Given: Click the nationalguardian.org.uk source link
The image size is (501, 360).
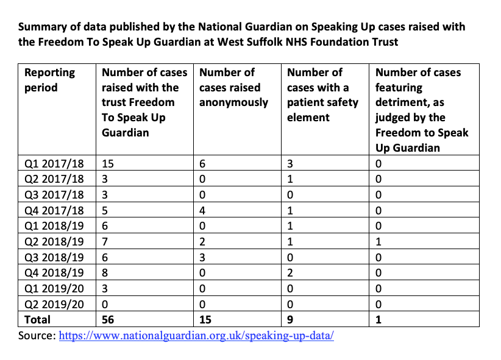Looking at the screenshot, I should click(196, 336).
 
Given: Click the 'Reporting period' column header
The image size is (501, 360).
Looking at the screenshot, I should click(49, 80).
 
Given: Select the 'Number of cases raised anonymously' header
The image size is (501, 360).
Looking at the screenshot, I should click(233, 87).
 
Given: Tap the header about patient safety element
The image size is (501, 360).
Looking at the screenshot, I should click(322, 94).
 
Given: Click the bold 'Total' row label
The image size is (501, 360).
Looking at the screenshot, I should click(38, 319).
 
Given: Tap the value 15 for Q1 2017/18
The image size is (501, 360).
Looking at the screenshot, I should click(108, 163).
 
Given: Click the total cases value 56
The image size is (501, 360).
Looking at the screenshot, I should click(108, 319).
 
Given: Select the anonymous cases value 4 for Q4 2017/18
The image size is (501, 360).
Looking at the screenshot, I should click(203, 210).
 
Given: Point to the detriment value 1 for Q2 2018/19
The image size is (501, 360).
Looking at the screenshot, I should click(379, 241).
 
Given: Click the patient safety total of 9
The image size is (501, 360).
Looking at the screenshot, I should click(291, 319).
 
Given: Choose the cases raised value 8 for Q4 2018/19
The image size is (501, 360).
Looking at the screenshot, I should click(105, 272).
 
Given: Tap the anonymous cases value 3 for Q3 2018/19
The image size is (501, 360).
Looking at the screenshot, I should click(203, 256).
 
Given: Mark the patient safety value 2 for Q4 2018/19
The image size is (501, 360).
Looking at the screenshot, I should click(291, 272).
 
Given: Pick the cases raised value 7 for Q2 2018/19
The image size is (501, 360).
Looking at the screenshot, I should click(105, 241).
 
